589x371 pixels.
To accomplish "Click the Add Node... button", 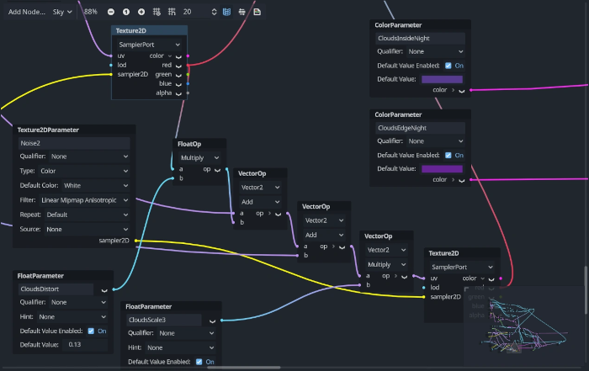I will point(26,12).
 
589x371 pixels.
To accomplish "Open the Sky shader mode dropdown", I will point(63,12).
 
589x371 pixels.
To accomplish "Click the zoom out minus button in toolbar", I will point(110,12).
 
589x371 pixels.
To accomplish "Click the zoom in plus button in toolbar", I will point(141,12).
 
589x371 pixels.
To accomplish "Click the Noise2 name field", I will point(73,143).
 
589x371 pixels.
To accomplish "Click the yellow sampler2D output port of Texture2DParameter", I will point(135,241).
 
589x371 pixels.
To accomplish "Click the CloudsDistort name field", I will point(56,289).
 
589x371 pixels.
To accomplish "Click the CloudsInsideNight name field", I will point(420,38).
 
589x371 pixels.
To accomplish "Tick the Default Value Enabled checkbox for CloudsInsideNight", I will point(448,65).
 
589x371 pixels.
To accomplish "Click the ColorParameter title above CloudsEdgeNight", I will point(398,114).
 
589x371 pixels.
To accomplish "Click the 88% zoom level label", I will point(91,12).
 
